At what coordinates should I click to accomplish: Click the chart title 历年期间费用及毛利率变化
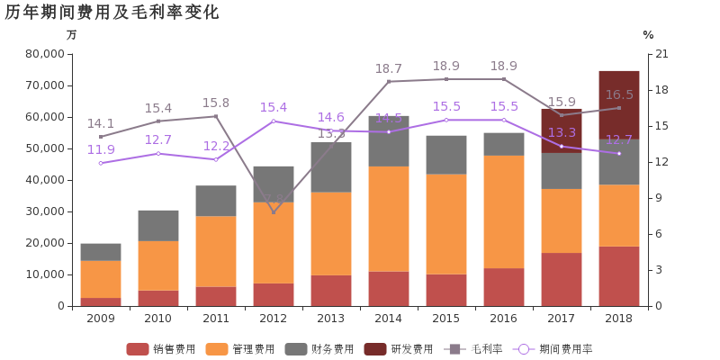(x=112, y=13)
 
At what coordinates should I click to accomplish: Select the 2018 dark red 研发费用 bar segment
(x=619, y=104)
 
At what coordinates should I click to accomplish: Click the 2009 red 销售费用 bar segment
(x=101, y=301)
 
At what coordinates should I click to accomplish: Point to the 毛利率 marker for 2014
(x=389, y=81)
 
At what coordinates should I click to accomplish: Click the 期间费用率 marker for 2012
(x=274, y=121)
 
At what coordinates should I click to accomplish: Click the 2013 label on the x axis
(x=331, y=318)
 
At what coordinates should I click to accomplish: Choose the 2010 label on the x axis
(x=158, y=318)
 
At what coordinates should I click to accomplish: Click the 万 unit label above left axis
(x=71, y=35)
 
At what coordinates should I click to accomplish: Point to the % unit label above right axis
(x=648, y=35)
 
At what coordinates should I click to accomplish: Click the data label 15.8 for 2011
(x=216, y=103)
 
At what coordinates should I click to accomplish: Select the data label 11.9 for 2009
(x=101, y=149)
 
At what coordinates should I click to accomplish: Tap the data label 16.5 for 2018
(x=619, y=94)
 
